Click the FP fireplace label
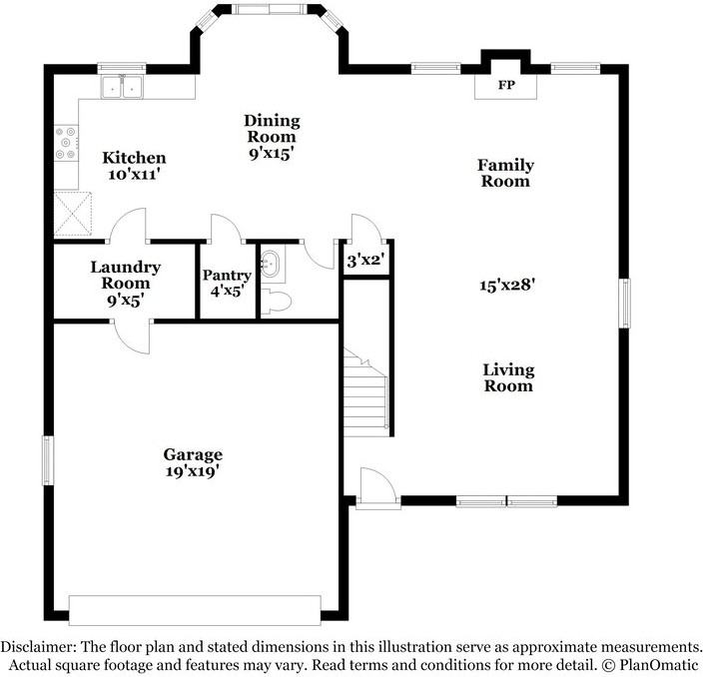click(x=506, y=86)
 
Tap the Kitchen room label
click(x=135, y=158)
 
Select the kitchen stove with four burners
click(x=66, y=144)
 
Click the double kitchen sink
click(x=122, y=89)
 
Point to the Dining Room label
click(x=271, y=129)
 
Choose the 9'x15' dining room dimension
click(x=271, y=155)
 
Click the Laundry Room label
click(x=125, y=275)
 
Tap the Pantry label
click(x=226, y=276)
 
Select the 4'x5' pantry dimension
click(x=226, y=292)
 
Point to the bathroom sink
click(x=270, y=265)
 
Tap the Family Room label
click(x=505, y=173)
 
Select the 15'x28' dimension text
click(x=508, y=285)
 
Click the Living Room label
click(x=508, y=377)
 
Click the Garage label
click(x=194, y=454)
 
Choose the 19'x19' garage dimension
click(x=193, y=470)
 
